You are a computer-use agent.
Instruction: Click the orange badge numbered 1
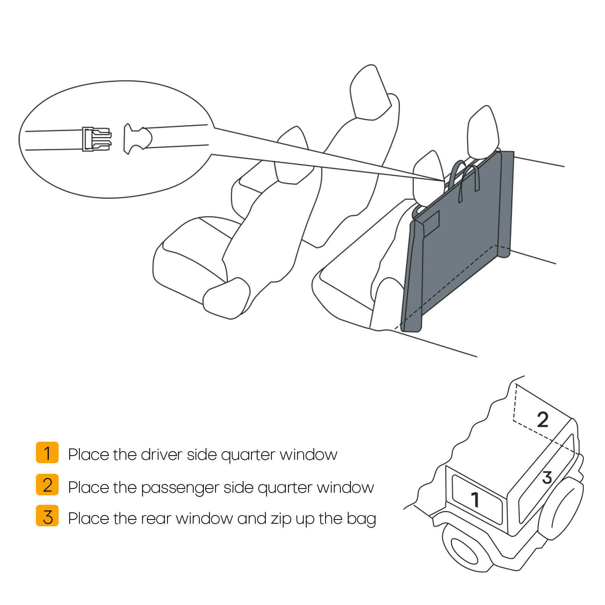point(47,452)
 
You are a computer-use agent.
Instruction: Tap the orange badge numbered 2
point(47,484)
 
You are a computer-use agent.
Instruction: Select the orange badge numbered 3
point(47,516)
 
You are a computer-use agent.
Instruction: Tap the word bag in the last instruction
point(361,520)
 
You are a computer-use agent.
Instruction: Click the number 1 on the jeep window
point(475,500)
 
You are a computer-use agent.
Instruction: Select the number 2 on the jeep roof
point(543,420)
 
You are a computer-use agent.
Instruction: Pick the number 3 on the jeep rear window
point(547,478)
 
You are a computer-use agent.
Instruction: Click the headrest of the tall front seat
point(369,93)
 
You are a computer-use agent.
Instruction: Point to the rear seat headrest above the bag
point(482,130)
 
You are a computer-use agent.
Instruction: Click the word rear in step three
point(156,519)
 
